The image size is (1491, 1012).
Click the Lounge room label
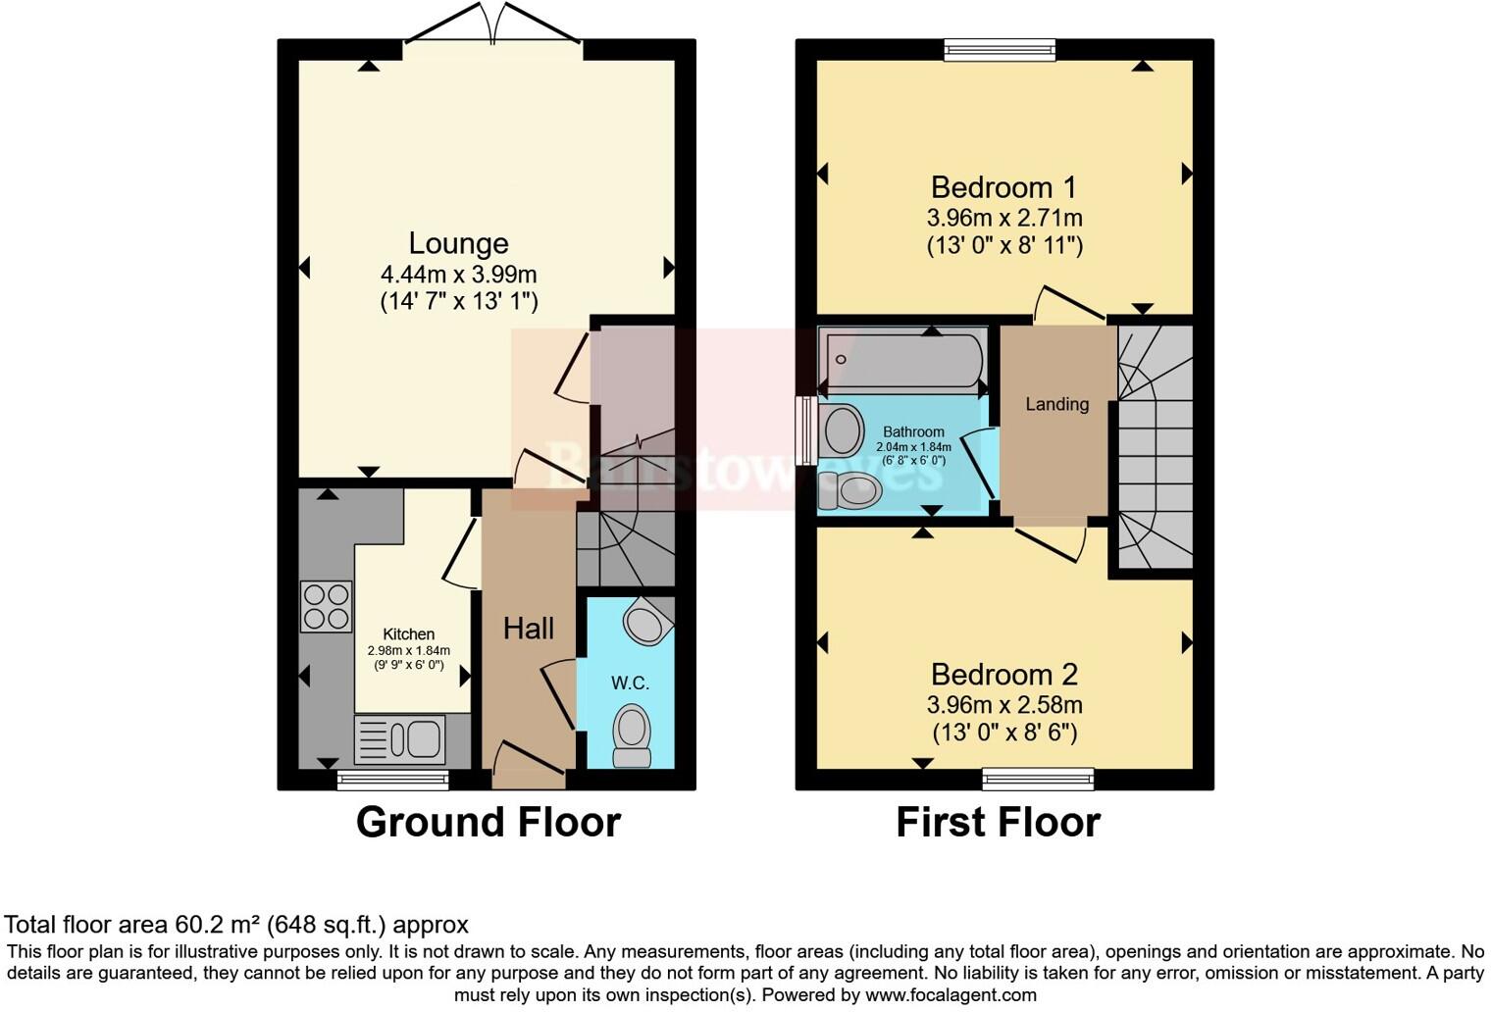tap(458, 243)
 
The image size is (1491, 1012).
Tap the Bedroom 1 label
tap(1003, 186)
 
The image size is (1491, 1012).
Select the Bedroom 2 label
tap(1003, 674)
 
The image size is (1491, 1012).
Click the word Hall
tap(529, 629)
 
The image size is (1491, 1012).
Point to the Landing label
tap(1056, 404)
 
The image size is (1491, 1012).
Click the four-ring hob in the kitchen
tap(327, 606)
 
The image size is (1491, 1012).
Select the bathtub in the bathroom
tap(902, 360)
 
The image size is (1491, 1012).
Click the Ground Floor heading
tap(488, 822)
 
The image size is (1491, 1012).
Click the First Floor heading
tap(998, 822)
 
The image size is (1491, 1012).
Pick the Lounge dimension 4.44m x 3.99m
tap(458, 274)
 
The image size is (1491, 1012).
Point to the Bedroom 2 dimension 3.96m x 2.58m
tap(1003, 704)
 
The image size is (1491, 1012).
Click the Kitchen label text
tap(408, 634)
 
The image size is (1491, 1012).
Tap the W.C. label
tap(630, 683)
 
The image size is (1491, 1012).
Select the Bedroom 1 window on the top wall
tap(1000, 49)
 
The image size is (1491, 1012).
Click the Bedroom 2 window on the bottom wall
tap(1038, 780)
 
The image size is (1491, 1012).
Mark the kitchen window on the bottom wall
tap(392, 781)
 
